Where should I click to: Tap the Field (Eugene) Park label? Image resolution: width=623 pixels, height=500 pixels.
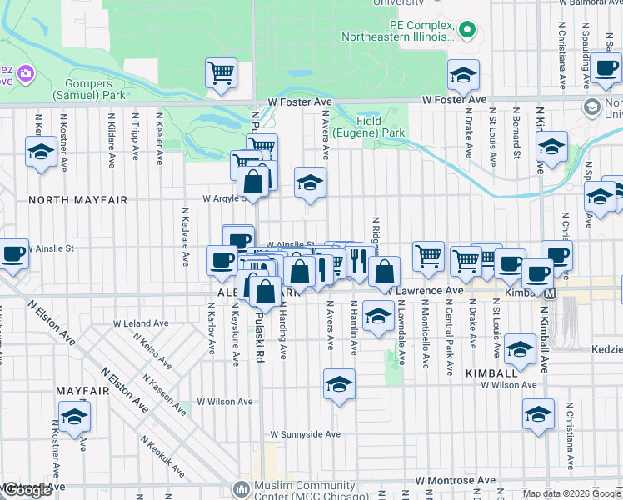tap(368, 127)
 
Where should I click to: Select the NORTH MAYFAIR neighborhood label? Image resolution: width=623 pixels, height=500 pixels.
tap(77, 200)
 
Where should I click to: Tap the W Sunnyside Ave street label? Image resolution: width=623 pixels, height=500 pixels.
tap(305, 434)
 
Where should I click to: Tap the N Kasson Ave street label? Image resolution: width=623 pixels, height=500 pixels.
tap(164, 394)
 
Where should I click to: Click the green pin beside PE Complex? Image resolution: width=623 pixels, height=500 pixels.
tap(466, 32)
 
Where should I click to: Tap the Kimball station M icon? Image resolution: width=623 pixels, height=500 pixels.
tap(550, 292)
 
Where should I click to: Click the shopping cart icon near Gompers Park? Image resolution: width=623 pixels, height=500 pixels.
tap(222, 72)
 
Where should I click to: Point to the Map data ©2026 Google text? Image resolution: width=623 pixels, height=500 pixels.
tap(571, 493)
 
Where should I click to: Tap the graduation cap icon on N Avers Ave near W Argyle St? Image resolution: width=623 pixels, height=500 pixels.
tap(309, 182)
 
